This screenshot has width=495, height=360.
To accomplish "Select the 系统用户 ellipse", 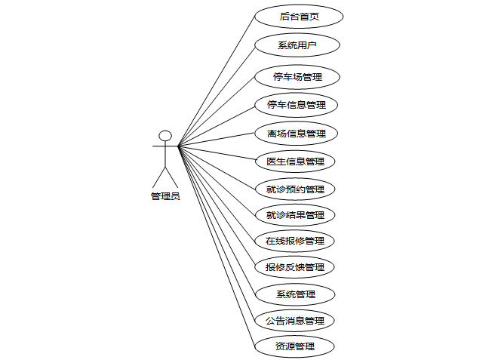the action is pos(297,45).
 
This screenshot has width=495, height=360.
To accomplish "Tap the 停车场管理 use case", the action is pos(297,77).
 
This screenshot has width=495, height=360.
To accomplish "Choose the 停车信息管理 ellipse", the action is pos(297,104).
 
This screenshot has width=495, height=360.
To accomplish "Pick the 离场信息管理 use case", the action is pos(296,134).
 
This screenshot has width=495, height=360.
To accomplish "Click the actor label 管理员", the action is pos(165,196).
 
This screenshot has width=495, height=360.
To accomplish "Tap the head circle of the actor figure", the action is pos(165,136).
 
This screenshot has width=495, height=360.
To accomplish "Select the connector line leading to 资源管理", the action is pos(216,247).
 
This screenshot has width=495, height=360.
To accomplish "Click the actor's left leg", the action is pos(159,177).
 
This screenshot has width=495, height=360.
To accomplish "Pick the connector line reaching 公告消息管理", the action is pos(217,233).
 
